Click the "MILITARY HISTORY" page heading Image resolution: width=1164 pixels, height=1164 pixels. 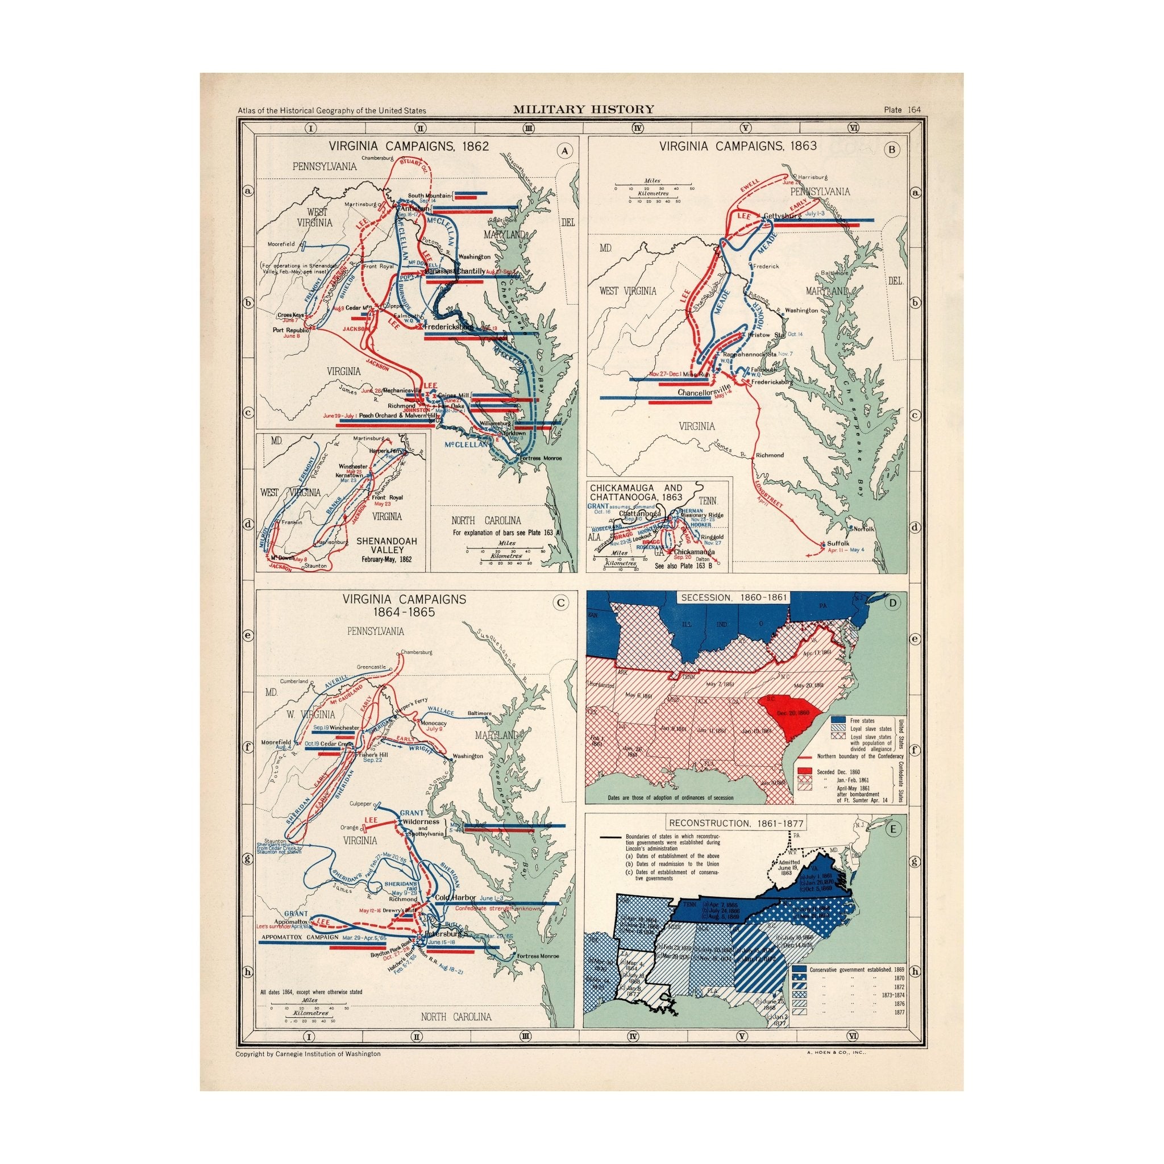583,109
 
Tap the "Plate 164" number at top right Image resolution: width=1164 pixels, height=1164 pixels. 902,109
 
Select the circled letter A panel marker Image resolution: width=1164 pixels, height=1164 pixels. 564,151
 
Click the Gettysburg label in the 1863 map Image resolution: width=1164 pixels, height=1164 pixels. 782,215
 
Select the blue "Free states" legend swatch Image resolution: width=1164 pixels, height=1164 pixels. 837,720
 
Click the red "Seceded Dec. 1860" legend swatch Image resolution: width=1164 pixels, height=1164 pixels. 804,771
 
